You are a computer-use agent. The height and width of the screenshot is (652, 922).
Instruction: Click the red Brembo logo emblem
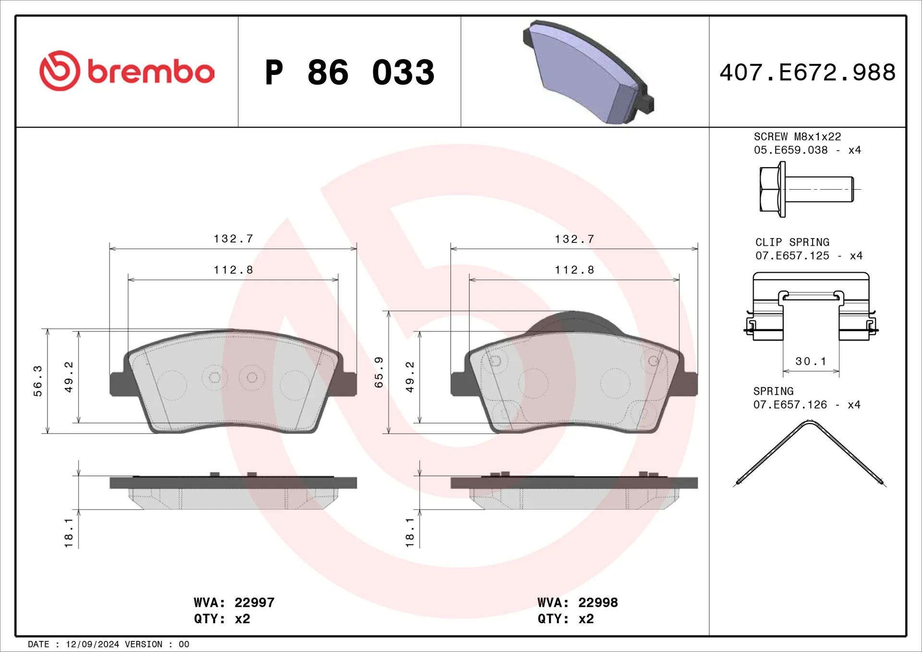pos(60,71)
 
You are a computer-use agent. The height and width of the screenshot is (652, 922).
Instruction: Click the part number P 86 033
pos(350,72)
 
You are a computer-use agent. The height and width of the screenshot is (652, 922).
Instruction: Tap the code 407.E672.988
pos(807,72)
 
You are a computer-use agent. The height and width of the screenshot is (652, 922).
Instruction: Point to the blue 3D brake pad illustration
pos(588,72)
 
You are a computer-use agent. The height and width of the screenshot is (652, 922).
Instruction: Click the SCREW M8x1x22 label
pos(797,137)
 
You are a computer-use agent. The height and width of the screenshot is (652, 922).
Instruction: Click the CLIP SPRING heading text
pos(792,242)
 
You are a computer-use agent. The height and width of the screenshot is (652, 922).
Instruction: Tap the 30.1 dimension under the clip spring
pos(811,361)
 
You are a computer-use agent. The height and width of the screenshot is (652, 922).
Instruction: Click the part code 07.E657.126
pos(790,405)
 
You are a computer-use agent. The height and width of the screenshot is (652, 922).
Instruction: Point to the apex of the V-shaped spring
pos(810,422)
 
